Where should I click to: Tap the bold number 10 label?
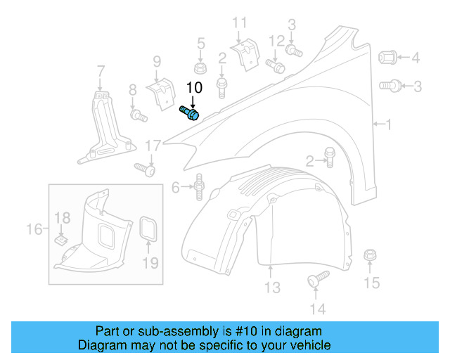point(194,88)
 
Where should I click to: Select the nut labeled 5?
point(200,67)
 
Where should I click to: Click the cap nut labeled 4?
point(390,57)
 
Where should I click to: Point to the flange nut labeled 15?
point(370,256)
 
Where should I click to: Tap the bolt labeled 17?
point(144,169)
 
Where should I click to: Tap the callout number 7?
point(101,71)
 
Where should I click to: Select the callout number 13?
point(272,288)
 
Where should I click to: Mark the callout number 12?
point(276,39)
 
